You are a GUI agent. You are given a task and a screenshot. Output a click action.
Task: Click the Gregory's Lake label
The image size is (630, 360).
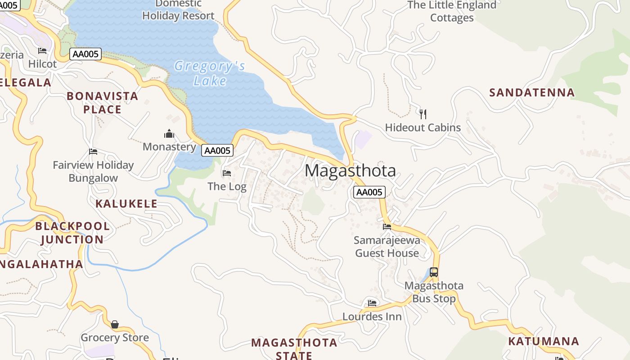point(210,73)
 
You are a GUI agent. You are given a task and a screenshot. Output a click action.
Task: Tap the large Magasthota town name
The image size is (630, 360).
point(350,171)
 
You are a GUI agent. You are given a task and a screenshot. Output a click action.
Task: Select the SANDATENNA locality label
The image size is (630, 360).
point(531,93)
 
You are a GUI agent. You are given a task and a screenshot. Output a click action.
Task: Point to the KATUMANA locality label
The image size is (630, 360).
point(543,341)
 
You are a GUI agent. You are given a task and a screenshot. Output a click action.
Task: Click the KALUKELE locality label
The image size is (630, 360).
point(126,203)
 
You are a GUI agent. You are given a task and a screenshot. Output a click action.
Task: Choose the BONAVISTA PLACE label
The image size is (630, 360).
point(102,103)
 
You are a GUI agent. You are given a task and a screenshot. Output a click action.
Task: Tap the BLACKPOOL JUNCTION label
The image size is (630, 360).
point(72,233)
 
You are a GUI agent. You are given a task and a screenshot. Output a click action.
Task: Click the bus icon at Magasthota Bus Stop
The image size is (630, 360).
point(434,272)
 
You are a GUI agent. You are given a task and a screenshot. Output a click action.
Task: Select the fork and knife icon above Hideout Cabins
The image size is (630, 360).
point(423,114)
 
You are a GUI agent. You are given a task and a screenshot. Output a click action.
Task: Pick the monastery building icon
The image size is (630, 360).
point(169,134)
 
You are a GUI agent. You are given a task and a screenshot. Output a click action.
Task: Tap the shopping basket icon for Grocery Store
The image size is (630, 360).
point(115,324)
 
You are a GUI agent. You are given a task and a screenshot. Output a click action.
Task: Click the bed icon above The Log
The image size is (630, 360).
point(227,173)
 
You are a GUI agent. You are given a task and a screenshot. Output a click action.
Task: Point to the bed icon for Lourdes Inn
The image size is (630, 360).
point(372,303)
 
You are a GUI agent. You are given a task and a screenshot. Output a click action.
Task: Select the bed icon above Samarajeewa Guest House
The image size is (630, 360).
point(387,226)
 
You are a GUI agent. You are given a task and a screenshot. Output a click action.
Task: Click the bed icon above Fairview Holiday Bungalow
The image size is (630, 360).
point(93,152)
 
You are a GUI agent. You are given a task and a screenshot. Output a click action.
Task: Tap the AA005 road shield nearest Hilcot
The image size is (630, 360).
point(85,54)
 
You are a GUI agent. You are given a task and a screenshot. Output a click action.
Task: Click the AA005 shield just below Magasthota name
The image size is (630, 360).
point(369,192)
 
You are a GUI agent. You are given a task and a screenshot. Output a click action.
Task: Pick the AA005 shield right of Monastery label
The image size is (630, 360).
point(217,150)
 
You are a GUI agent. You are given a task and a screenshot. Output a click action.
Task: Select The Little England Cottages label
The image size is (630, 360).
point(452,11)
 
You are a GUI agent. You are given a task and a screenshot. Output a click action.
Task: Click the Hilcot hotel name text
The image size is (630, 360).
point(42,64)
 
